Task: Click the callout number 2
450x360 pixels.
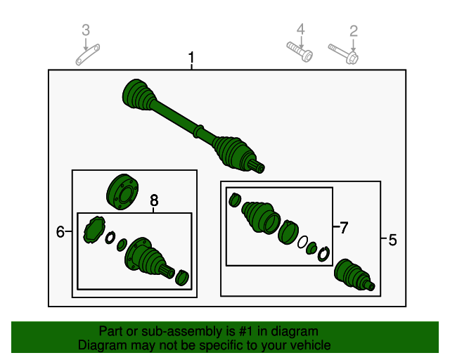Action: [x=354, y=30]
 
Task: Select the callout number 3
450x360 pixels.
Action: [x=86, y=30]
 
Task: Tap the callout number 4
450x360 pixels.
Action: [x=300, y=30]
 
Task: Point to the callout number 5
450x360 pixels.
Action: [x=392, y=240]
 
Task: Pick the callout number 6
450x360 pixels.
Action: [x=60, y=231]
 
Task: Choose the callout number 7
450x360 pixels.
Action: [x=343, y=228]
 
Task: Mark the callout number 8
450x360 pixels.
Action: [x=155, y=202]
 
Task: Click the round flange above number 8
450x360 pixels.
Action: [x=121, y=192]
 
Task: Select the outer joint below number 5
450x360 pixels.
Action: [x=353, y=276]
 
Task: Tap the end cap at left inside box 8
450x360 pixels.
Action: [x=93, y=231]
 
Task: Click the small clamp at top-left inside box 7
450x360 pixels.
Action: [x=236, y=200]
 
